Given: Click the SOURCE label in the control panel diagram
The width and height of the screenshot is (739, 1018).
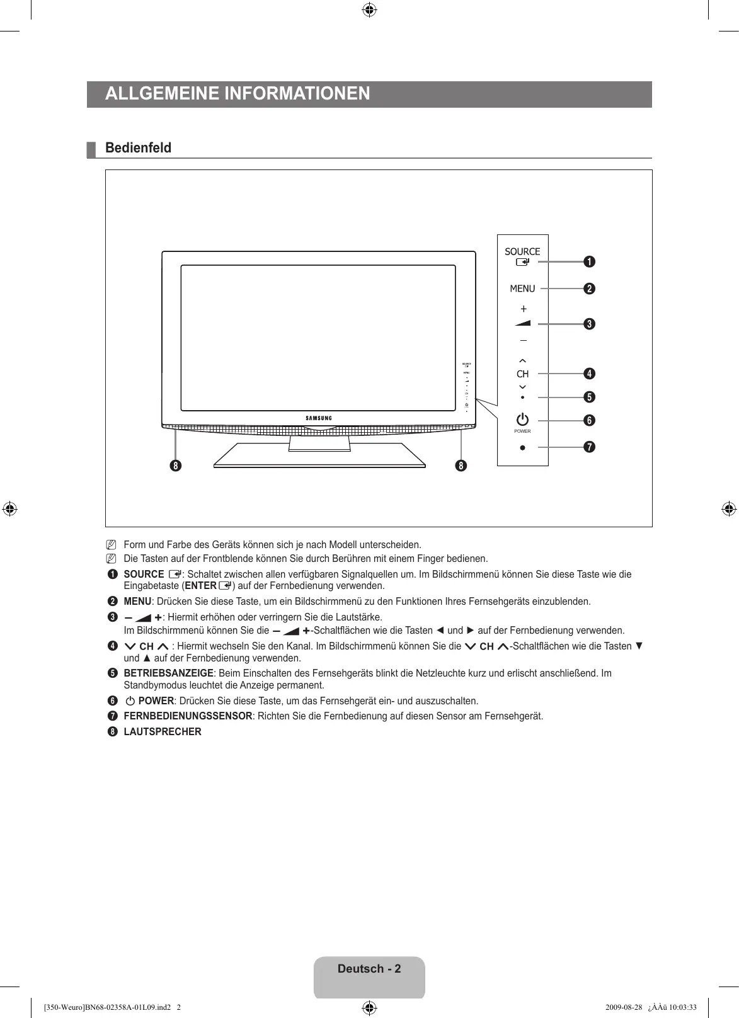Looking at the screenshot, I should pyautogui.click(x=522, y=251).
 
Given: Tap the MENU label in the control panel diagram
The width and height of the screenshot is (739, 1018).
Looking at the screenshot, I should pyautogui.click(x=522, y=289).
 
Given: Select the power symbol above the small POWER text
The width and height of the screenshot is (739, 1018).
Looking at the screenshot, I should pyautogui.click(x=522, y=420).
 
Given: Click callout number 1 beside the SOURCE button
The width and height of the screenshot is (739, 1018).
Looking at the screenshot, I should pyautogui.click(x=589, y=261).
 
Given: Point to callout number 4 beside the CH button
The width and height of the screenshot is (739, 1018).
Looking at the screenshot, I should pyautogui.click(x=589, y=374).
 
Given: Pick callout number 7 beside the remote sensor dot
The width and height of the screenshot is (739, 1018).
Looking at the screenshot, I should pyautogui.click(x=589, y=447).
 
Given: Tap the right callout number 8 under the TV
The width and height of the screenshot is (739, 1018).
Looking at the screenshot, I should pyautogui.click(x=462, y=466).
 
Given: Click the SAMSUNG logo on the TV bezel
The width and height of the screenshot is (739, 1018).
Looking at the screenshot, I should pyautogui.click(x=319, y=418).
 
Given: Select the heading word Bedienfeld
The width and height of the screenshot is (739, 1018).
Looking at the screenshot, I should pyautogui.click(x=138, y=148).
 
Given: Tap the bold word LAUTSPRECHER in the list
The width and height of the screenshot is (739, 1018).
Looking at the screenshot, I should pyautogui.click(x=163, y=732).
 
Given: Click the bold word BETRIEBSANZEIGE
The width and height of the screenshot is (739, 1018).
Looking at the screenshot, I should pyautogui.click(x=168, y=673).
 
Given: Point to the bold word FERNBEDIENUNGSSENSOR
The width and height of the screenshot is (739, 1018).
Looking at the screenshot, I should pyautogui.click(x=188, y=716).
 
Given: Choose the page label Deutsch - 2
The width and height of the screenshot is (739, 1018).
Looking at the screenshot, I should pyautogui.click(x=369, y=969).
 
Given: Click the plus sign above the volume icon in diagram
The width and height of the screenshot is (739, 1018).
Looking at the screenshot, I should pyautogui.click(x=523, y=309).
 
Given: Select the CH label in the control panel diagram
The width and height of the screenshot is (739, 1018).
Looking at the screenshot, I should pyautogui.click(x=523, y=374).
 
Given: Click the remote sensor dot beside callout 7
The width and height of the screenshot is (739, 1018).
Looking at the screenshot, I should pyautogui.click(x=522, y=448).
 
